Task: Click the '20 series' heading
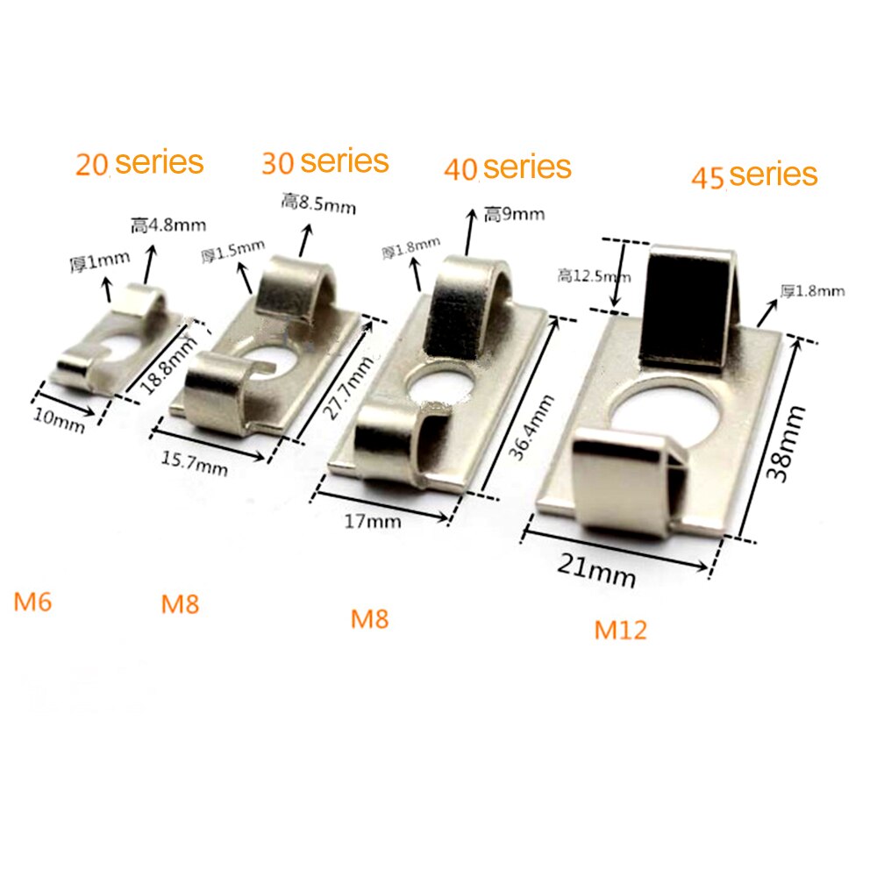click(x=139, y=163)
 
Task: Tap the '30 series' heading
click(x=324, y=161)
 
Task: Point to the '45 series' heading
click(x=754, y=175)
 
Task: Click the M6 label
click(x=33, y=602)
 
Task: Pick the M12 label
click(x=620, y=630)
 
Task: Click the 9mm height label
click(x=514, y=214)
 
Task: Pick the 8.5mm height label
click(x=318, y=204)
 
